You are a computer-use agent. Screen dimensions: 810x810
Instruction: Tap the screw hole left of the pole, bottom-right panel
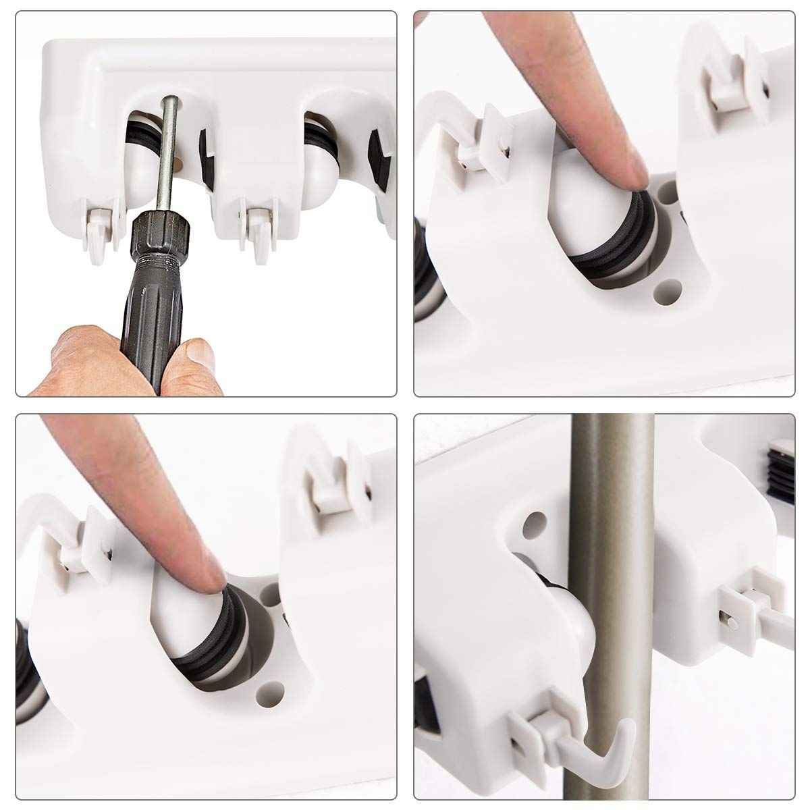pos(535,521)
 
